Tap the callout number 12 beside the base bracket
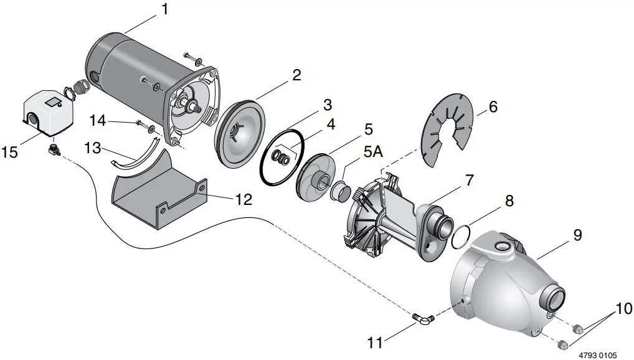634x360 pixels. pyautogui.click(x=244, y=199)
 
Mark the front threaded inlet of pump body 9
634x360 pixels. pyautogui.click(x=554, y=298)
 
